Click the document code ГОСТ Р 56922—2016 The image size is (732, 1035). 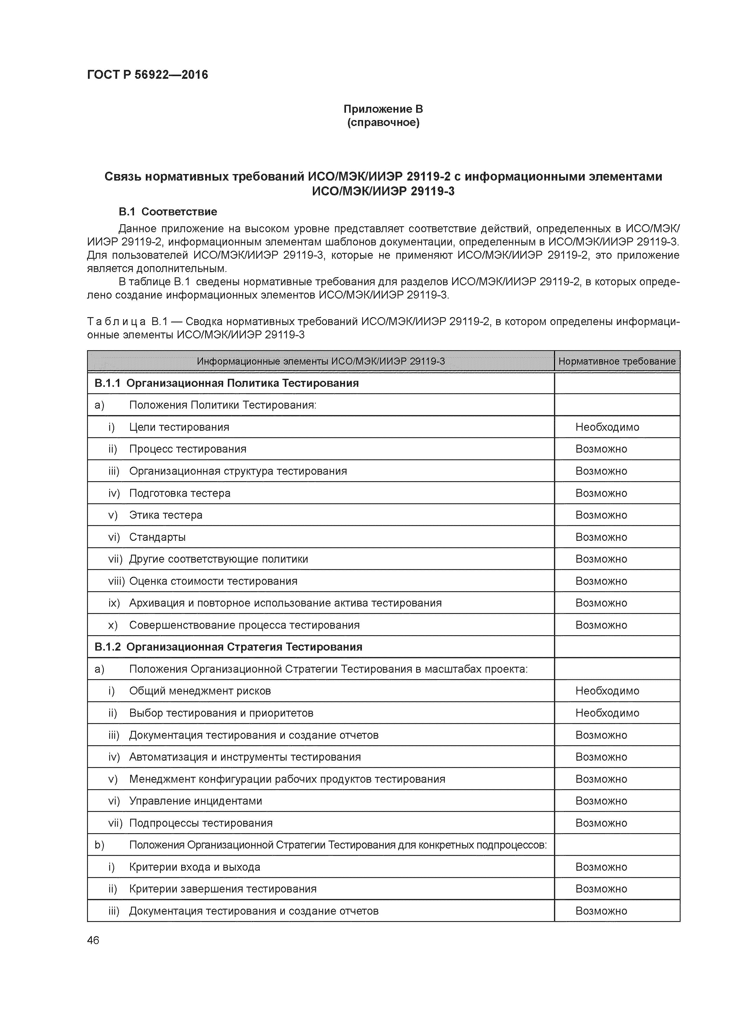click(x=148, y=75)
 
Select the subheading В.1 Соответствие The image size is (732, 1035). click(x=168, y=212)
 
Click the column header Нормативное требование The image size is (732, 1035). click(x=617, y=361)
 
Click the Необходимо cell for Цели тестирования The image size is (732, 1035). click(x=607, y=427)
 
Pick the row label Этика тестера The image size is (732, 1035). click(x=166, y=515)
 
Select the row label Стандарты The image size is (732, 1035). click(x=157, y=537)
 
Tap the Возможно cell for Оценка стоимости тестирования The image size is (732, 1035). click(x=601, y=581)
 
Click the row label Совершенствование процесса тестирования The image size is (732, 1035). click(x=244, y=625)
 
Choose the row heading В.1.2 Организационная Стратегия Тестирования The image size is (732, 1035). click(x=228, y=647)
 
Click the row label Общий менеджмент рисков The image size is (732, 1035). click(x=200, y=691)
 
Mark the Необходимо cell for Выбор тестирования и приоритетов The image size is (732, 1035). click(x=607, y=713)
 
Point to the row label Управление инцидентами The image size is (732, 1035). click(x=195, y=801)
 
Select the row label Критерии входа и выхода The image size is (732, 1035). click(x=195, y=867)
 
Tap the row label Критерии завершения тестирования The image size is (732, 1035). click(x=223, y=889)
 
